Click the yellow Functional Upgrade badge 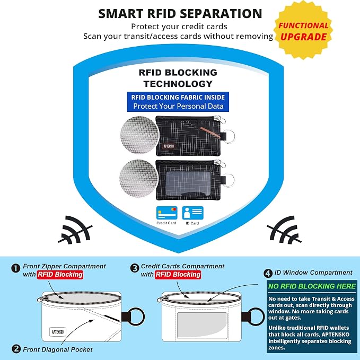click(x=303, y=30)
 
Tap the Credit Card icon click(x=166, y=213)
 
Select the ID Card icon click(x=192, y=213)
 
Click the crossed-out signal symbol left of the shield click(x=75, y=230)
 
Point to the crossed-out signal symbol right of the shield click(x=284, y=230)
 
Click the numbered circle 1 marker click(x=15, y=268)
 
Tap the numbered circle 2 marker click(x=16, y=349)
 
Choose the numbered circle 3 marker click(x=135, y=268)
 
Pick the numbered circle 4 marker click(x=268, y=273)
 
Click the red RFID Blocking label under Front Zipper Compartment click(x=60, y=275)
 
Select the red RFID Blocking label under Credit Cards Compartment click(x=178, y=275)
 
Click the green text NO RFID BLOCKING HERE click(x=312, y=286)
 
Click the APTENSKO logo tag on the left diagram click(x=58, y=332)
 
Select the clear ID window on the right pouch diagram click(x=202, y=325)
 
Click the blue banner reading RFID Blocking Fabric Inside click(x=178, y=102)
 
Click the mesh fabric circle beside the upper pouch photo click(x=139, y=135)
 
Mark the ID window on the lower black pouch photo click(x=188, y=183)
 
